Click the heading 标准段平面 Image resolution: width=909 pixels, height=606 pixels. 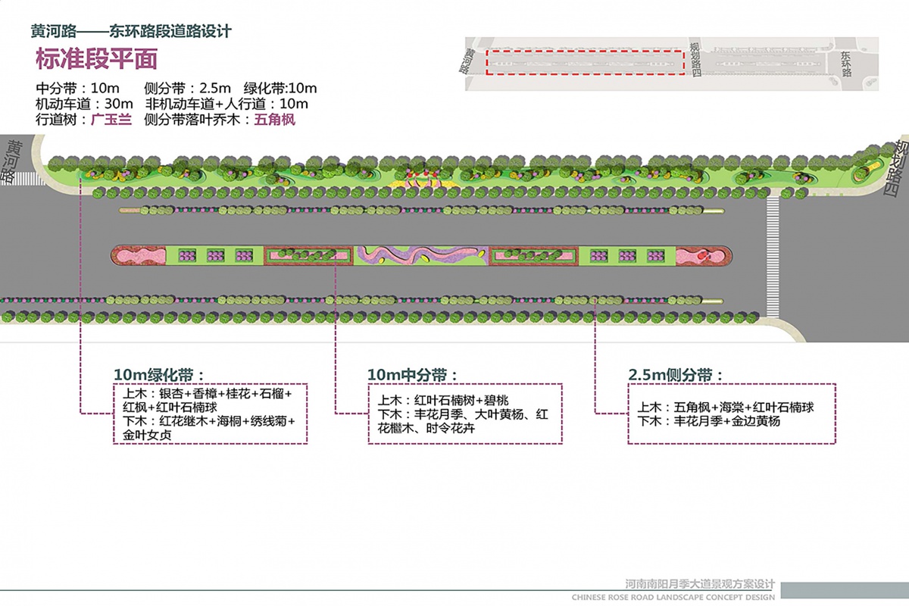click(x=96, y=59)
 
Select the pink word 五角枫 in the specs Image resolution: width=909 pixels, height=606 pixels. click(x=274, y=120)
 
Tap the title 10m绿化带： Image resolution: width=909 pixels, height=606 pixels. click(x=159, y=375)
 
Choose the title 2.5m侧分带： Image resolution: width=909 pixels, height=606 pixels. click(x=676, y=375)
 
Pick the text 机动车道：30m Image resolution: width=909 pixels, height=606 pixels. click(x=84, y=104)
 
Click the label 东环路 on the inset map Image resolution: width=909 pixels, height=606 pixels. click(x=847, y=64)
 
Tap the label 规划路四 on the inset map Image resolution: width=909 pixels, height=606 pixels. click(x=695, y=60)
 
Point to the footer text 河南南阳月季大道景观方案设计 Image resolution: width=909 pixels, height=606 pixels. click(x=701, y=584)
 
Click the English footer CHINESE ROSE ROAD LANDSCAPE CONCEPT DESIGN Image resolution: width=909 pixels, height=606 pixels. click(x=673, y=597)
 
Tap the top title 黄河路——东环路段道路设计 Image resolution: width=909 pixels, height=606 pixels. click(x=131, y=32)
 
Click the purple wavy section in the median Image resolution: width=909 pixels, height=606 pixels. click(x=421, y=255)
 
